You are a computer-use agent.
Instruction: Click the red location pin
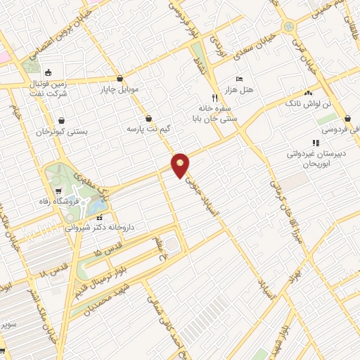tap(181, 165)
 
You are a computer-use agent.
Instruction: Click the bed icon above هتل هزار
tap(238, 79)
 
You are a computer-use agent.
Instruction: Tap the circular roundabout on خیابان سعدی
tap(288, 27)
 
